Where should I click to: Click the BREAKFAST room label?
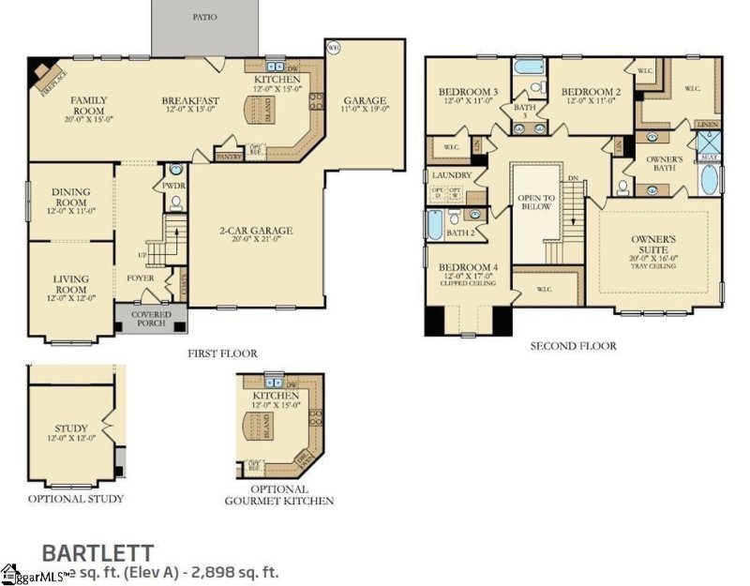pos(190,100)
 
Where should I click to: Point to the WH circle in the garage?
pos(332,46)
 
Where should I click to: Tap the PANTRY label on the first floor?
pos(229,157)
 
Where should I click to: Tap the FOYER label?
pos(141,278)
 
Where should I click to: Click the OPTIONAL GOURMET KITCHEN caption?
pos(279,495)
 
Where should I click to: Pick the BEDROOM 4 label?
pos(470,267)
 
